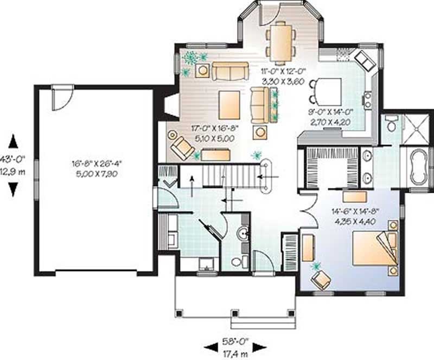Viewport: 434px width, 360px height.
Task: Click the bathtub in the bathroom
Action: [419, 167]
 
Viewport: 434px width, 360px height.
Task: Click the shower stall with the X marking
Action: [417, 129]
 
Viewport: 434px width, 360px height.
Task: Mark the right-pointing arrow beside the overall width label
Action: [259, 346]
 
